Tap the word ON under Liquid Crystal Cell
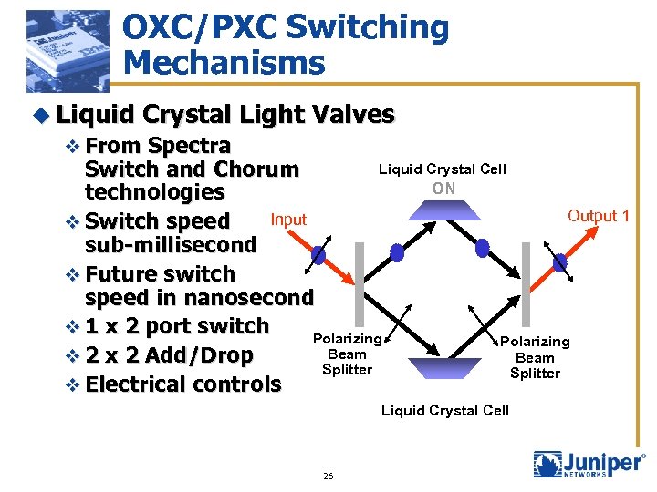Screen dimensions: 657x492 pos(443,189)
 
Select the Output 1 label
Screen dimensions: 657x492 pos(599,216)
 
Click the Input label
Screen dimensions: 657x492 pos(288,220)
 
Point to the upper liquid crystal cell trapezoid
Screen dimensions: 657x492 pos(443,210)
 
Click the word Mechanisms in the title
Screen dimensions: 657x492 pos(224,63)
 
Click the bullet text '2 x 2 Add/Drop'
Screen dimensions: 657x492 pos(169,355)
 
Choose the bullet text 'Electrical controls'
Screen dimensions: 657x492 pos(182,384)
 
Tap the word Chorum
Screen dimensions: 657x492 pos(256,169)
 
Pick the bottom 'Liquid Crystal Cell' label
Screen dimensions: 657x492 pos(444,411)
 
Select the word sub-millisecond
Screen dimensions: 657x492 pos(171,245)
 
